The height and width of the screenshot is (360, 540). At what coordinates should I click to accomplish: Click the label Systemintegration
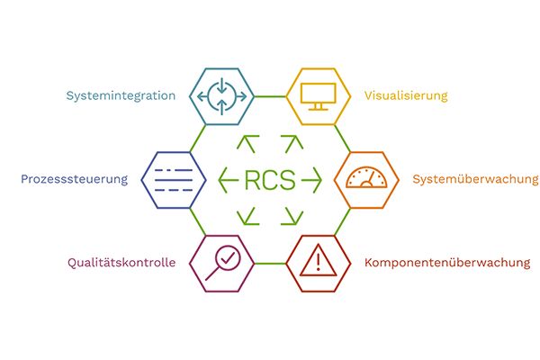[x=121, y=95]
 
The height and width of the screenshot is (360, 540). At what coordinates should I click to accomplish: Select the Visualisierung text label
[x=405, y=95]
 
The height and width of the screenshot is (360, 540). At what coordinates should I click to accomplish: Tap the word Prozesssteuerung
[x=75, y=179]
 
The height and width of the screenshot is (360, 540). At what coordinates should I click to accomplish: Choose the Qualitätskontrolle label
[x=121, y=263]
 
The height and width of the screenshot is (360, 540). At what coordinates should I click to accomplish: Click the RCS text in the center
[x=270, y=180]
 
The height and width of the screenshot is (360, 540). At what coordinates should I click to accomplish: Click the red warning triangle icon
[x=318, y=262]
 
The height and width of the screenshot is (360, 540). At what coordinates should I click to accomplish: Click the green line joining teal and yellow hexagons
[x=270, y=95]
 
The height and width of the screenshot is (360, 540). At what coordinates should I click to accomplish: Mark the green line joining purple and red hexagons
[x=270, y=264]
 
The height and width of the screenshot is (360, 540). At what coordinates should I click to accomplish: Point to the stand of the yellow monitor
[x=318, y=107]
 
